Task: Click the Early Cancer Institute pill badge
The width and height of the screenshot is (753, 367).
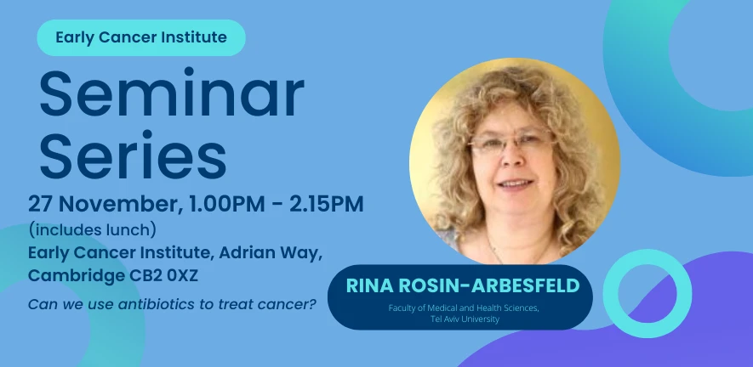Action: [140, 37]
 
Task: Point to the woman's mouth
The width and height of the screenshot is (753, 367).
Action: [515, 183]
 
